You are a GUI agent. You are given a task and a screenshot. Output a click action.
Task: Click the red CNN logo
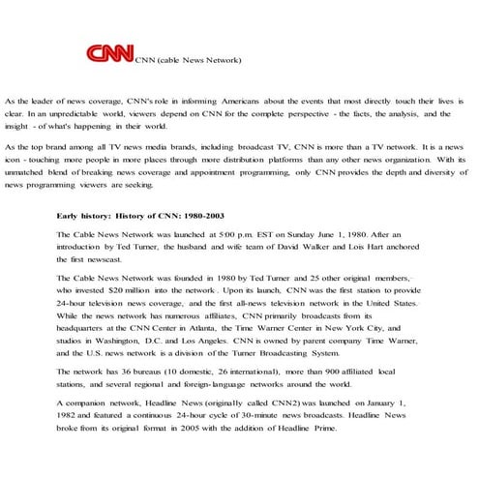(109, 54)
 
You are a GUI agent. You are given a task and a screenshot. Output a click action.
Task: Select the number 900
(325, 373)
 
